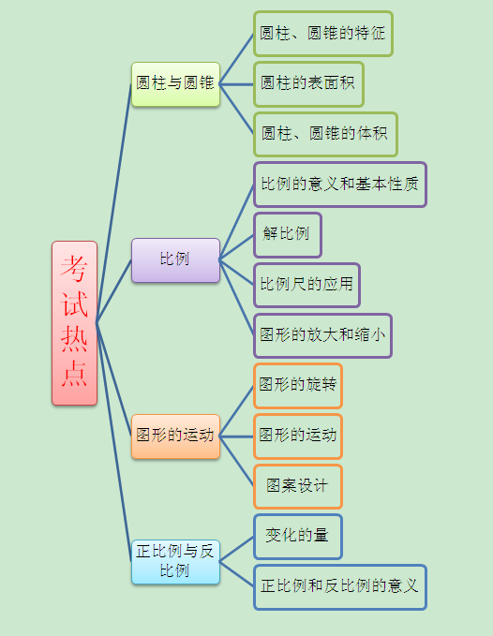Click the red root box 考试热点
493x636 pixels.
(x=74, y=323)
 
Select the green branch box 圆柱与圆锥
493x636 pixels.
(x=175, y=84)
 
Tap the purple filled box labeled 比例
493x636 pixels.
(x=175, y=260)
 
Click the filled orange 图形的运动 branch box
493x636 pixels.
(x=175, y=436)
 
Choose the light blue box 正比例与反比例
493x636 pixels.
(x=175, y=562)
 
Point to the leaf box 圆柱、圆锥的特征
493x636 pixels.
(x=323, y=34)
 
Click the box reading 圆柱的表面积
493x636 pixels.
(x=308, y=84)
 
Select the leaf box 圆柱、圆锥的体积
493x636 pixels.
(x=325, y=135)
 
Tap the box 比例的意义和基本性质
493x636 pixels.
(x=340, y=185)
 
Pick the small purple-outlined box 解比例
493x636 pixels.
(x=288, y=235)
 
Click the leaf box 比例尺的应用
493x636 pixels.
(x=306, y=285)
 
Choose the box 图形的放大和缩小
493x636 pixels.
(x=322, y=336)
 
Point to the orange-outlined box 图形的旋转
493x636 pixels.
(x=298, y=386)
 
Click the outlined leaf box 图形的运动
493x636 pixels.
(x=298, y=436)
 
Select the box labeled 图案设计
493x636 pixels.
(x=298, y=487)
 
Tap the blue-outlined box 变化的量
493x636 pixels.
(x=298, y=537)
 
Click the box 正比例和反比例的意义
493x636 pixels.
(x=340, y=587)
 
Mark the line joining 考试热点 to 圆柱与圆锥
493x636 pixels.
(x=114, y=203)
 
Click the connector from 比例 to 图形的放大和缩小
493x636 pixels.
(x=236, y=298)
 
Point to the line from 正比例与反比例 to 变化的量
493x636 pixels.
(x=236, y=549)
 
